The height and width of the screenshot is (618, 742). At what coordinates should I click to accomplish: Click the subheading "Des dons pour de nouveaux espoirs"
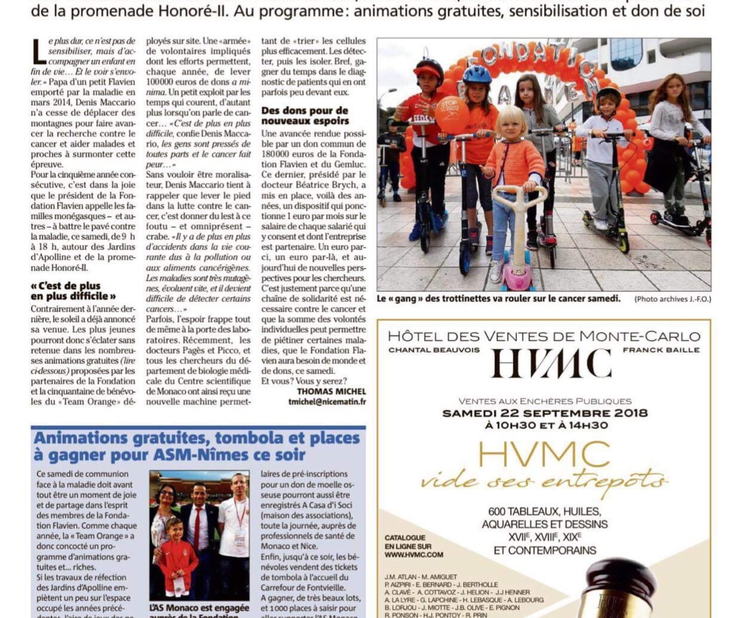click(x=305, y=116)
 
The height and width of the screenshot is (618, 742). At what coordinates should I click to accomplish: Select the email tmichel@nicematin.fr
click(x=327, y=402)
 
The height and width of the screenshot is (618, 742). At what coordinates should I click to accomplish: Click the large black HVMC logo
click(x=551, y=364)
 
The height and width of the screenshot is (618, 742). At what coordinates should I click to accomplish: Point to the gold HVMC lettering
click(x=544, y=454)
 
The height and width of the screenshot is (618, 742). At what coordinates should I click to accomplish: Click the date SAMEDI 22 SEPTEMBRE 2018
click(x=545, y=413)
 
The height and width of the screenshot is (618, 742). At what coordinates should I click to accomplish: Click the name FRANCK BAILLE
click(x=661, y=350)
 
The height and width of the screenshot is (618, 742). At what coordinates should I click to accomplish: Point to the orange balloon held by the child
click(x=451, y=115)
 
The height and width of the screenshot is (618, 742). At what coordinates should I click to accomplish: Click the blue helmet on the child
click(x=477, y=75)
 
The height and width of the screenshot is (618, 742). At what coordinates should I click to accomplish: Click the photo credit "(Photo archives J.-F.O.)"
click(x=672, y=299)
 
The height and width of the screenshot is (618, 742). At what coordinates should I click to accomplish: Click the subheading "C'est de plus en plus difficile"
click(x=73, y=291)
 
